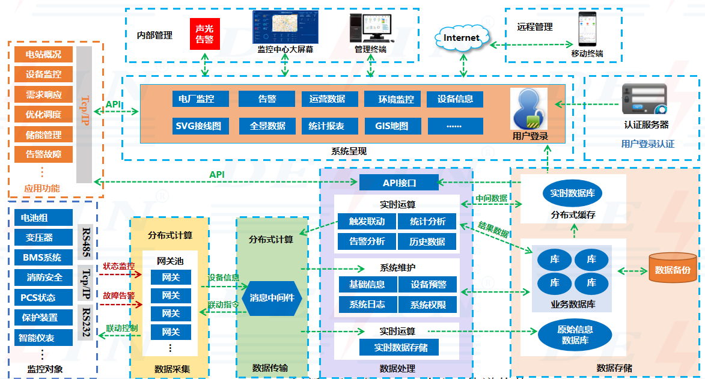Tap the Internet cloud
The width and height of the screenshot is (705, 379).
[462, 38]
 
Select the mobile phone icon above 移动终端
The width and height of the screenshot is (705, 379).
[586, 29]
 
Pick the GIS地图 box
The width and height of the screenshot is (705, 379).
[391, 126]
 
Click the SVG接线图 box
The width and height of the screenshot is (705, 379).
[198, 126]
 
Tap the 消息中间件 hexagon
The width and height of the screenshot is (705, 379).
[272, 297]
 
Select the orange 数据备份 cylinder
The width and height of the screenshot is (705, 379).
[673, 270]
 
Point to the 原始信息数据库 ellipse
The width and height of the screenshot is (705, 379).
[575, 334]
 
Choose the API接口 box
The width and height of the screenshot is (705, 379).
[399, 183]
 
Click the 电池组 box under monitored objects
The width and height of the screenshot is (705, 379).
[43, 217]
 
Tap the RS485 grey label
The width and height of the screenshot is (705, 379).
[86, 243]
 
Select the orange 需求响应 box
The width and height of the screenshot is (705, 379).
[43, 94]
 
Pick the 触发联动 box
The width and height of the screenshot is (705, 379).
[367, 221]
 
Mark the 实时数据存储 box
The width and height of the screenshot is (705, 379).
[398, 347]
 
